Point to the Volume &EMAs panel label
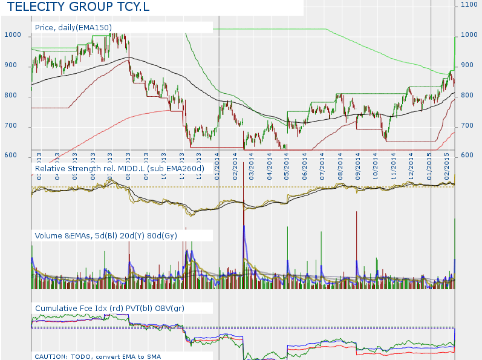click(106, 235)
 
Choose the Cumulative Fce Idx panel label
click(109, 308)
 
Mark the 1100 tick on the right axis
click(469, 4)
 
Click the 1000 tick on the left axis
click(13, 35)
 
